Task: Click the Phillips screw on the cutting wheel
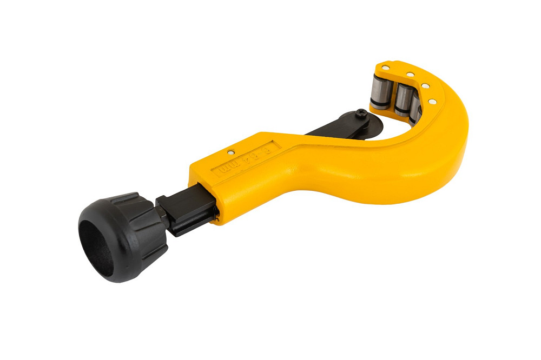tap(360, 114)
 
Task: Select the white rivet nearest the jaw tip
tap(385, 68)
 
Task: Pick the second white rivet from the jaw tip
tap(410, 75)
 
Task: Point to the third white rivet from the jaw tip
tap(425, 86)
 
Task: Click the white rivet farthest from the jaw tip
tap(432, 101)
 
